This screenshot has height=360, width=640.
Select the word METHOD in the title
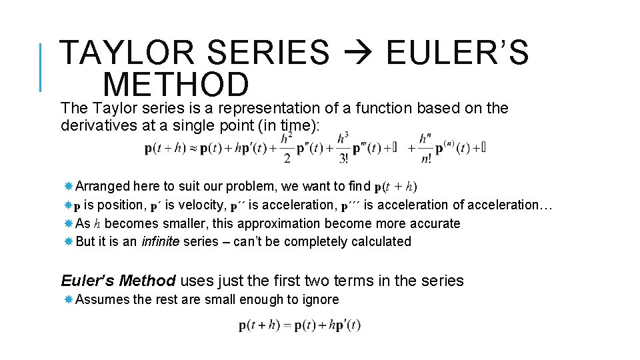pyautogui.click(x=176, y=85)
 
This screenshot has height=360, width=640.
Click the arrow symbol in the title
pyautogui.click(x=357, y=53)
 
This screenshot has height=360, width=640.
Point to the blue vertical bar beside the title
pyautogui.click(x=41, y=67)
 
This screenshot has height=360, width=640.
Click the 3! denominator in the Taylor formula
pyautogui.click(x=343, y=159)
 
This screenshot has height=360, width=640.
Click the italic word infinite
pyautogui.click(x=160, y=241)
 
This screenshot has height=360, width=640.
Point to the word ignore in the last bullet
pyautogui.click(x=319, y=299)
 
